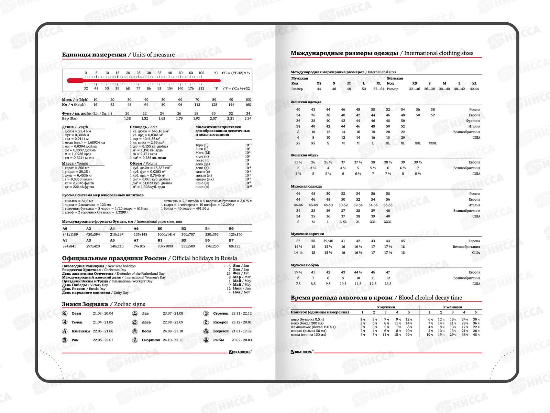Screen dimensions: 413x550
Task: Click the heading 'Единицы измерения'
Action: click(94, 55)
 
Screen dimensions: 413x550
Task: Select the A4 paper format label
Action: click(112, 229)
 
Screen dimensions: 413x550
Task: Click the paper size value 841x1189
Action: click(70, 234)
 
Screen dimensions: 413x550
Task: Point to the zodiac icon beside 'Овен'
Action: click(65, 314)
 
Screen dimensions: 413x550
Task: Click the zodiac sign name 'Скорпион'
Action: click(151, 340)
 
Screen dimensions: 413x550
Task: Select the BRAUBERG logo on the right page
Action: click(302, 352)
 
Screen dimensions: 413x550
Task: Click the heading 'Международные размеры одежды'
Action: click(344, 53)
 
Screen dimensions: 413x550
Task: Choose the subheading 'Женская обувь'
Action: click(305, 155)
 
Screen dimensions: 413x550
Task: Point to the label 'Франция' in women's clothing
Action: click(473, 121)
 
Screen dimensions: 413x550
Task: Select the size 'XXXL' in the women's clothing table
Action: click(433, 143)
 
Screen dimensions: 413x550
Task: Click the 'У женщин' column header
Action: click(452, 307)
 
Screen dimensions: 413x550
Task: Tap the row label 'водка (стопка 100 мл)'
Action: click(308, 335)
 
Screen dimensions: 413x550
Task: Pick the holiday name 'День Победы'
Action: click(74, 285)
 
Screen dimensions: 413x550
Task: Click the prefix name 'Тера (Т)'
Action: click(202, 145)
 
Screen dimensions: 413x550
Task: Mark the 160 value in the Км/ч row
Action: click(248, 105)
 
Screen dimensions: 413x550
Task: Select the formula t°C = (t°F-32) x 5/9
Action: click(236, 73)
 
